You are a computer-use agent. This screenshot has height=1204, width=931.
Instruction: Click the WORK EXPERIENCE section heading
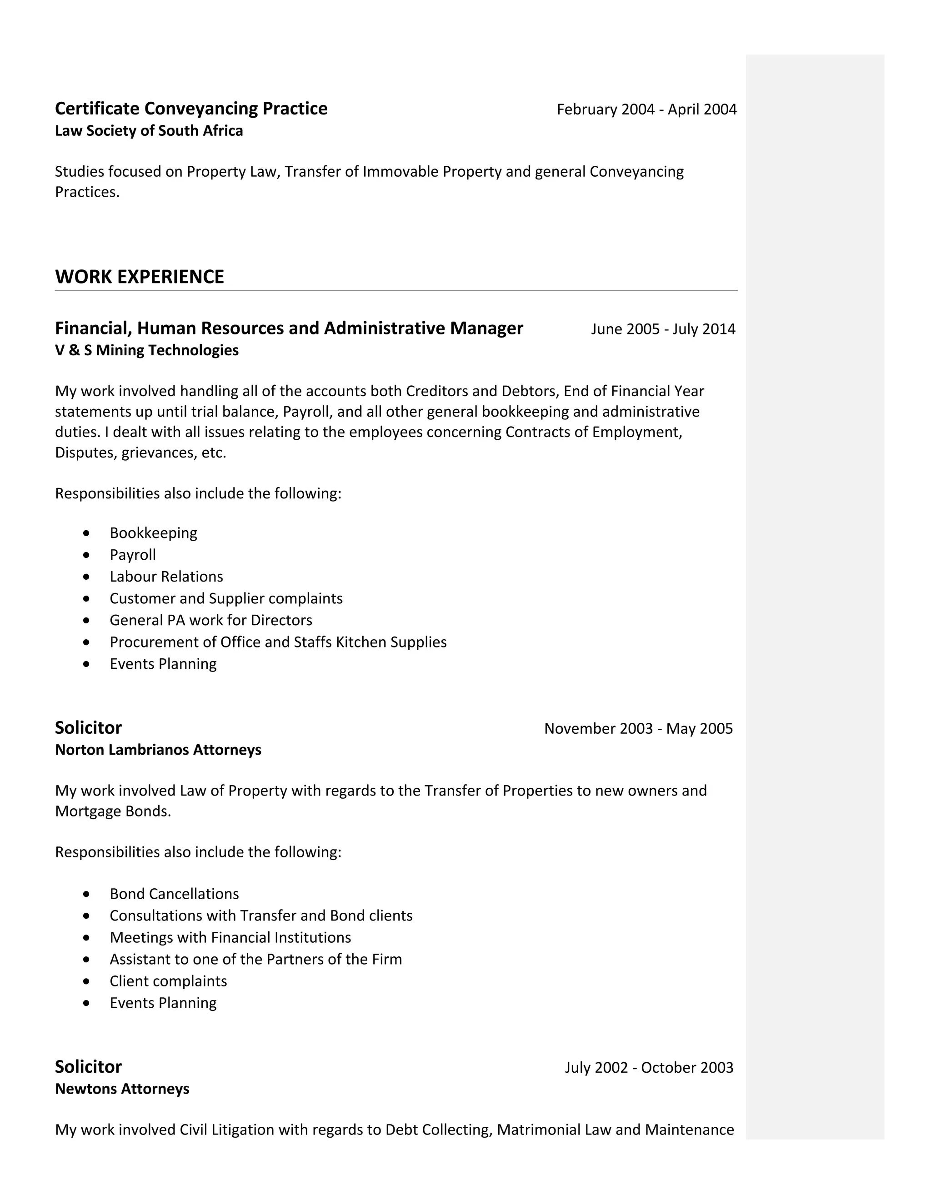tap(140, 277)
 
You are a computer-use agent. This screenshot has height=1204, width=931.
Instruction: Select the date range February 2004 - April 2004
tap(646, 109)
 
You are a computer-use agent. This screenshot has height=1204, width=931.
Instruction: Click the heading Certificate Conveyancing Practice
tap(191, 109)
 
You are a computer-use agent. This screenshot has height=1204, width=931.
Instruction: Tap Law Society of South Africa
tap(149, 131)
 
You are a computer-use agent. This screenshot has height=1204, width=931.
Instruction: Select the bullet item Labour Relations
tap(166, 577)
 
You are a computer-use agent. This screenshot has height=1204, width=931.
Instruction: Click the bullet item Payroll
tap(132, 555)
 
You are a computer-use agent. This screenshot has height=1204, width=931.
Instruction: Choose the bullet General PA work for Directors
tap(210, 620)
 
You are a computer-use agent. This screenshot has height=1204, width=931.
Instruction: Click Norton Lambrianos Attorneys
tap(158, 750)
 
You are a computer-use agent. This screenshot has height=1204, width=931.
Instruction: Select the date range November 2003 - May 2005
tap(638, 729)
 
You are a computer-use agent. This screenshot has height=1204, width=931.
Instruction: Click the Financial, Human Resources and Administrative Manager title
tap(289, 328)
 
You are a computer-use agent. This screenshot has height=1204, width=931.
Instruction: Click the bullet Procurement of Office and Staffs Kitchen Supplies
tap(278, 642)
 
